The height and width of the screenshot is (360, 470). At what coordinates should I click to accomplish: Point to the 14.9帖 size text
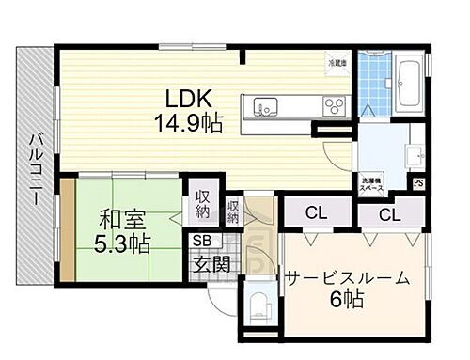point(189,122)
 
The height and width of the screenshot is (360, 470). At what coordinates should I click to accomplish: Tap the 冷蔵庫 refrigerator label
point(337,64)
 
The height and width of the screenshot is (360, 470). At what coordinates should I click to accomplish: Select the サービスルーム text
point(349,278)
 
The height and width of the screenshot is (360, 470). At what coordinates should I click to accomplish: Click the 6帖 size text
point(348,303)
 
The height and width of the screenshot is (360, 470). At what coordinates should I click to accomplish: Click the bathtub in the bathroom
point(411,84)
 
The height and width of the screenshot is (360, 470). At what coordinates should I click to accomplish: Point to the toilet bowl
point(260,305)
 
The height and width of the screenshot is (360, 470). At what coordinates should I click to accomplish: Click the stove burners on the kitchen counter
point(335,103)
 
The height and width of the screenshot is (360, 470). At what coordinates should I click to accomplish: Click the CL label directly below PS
point(387,214)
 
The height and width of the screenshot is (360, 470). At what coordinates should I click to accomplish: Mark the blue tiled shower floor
point(375,79)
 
